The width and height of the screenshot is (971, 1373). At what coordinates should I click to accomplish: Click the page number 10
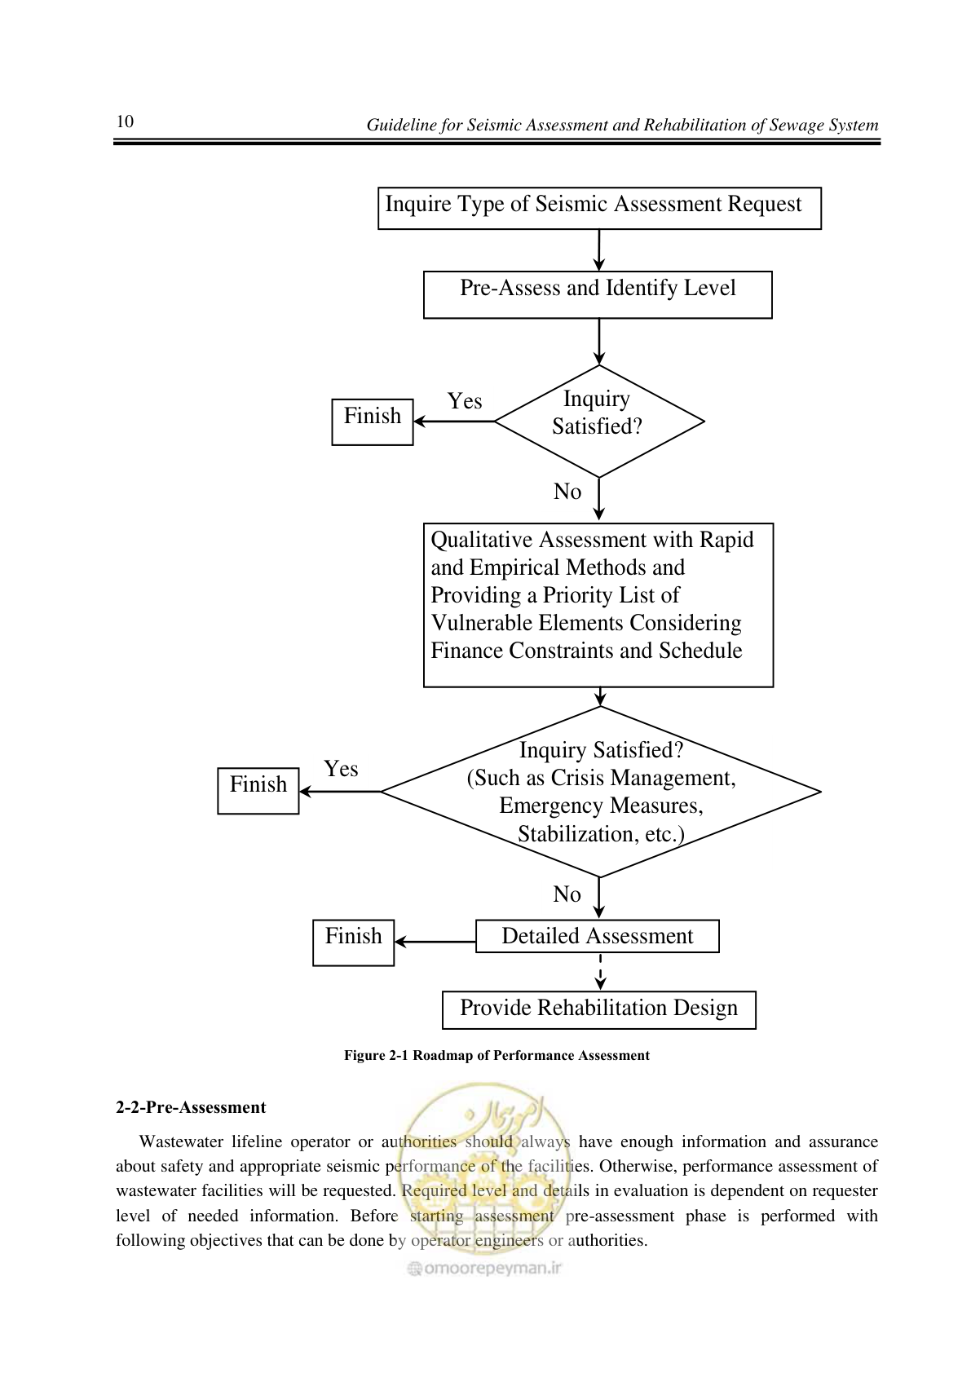click(125, 121)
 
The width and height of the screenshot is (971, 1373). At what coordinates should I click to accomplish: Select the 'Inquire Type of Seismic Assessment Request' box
click(599, 209)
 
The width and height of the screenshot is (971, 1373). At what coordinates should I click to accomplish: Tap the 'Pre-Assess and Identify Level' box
click(598, 295)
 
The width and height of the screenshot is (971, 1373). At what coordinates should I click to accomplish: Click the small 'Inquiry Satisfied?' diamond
click(599, 421)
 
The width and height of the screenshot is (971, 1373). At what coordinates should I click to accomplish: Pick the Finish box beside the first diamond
click(372, 422)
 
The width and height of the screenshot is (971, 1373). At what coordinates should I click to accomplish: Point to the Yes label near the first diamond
click(465, 401)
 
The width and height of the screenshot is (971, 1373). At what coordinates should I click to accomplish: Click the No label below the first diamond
click(567, 492)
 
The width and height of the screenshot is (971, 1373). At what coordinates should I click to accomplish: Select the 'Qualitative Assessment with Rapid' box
click(598, 605)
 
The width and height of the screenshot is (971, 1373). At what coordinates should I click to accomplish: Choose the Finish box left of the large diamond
click(258, 791)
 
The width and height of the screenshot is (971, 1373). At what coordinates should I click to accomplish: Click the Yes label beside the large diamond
click(341, 769)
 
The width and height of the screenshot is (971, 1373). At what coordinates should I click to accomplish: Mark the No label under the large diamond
click(567, 894)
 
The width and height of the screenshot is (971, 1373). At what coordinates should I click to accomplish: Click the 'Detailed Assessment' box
click(598, 936)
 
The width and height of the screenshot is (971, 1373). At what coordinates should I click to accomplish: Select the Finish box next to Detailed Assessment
click(353, 943)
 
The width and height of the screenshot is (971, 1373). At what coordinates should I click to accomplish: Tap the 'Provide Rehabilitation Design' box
click(599, 1009)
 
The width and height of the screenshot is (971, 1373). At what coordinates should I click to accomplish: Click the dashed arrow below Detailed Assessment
click(600, 972)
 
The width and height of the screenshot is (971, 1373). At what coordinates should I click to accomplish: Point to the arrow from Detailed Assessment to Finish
click(435, 942)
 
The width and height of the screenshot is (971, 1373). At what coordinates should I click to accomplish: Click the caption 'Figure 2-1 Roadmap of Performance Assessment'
click(497, 1056)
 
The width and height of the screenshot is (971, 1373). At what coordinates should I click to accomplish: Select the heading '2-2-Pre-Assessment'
click(191, 1107)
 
